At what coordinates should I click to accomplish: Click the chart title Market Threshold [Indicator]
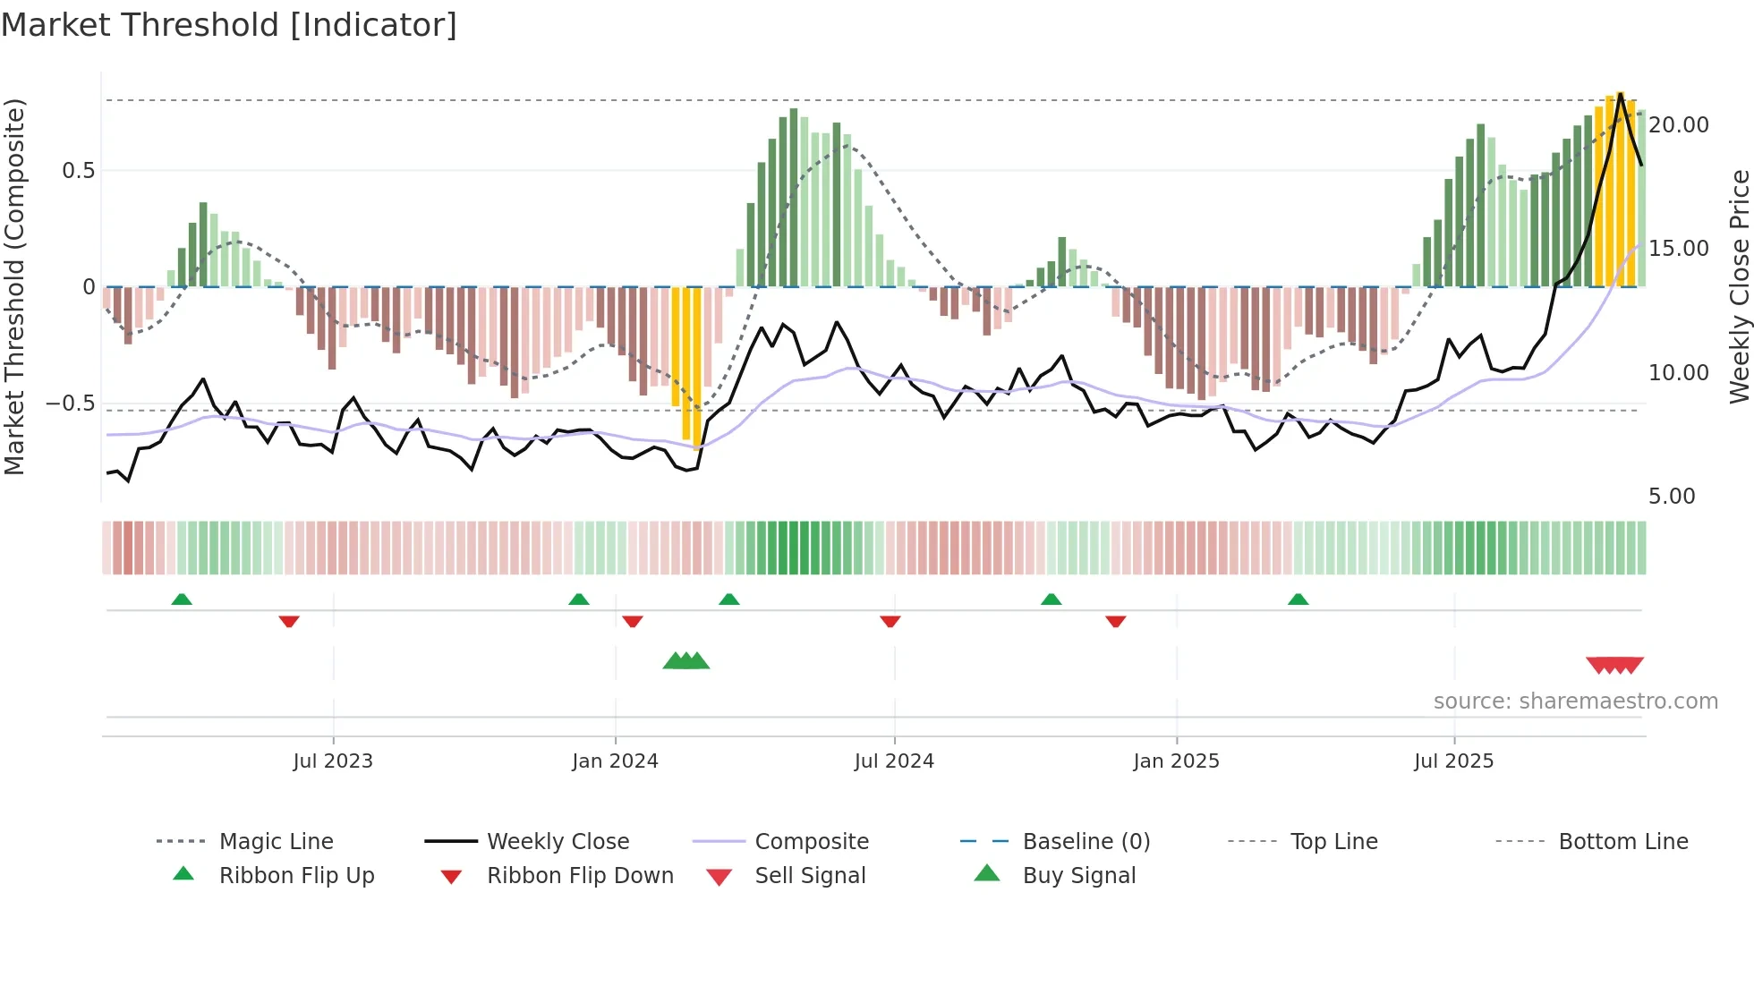(229, 25)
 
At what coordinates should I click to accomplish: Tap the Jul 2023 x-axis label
(333, 761)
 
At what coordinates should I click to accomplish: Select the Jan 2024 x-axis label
(615, 761)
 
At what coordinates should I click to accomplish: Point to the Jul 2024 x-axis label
(894, 761)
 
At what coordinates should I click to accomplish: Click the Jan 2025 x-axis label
(1176, 761)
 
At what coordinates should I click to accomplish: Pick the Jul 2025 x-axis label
(1454, 761)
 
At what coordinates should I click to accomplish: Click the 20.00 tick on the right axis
(1679, 125)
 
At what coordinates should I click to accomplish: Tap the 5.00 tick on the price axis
(1672, 497)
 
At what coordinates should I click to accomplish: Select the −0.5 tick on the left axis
(70, 404)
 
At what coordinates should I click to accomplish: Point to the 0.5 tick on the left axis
(78, 171)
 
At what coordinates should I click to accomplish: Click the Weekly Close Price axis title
(1739, 286)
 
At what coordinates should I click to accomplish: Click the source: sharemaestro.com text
(1575, 701)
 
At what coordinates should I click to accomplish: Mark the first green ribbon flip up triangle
(182, 599)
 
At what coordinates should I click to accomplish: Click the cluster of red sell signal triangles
(1614, 665)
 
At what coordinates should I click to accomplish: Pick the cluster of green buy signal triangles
(686, 661)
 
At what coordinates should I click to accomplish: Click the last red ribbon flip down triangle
(1115, 621)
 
